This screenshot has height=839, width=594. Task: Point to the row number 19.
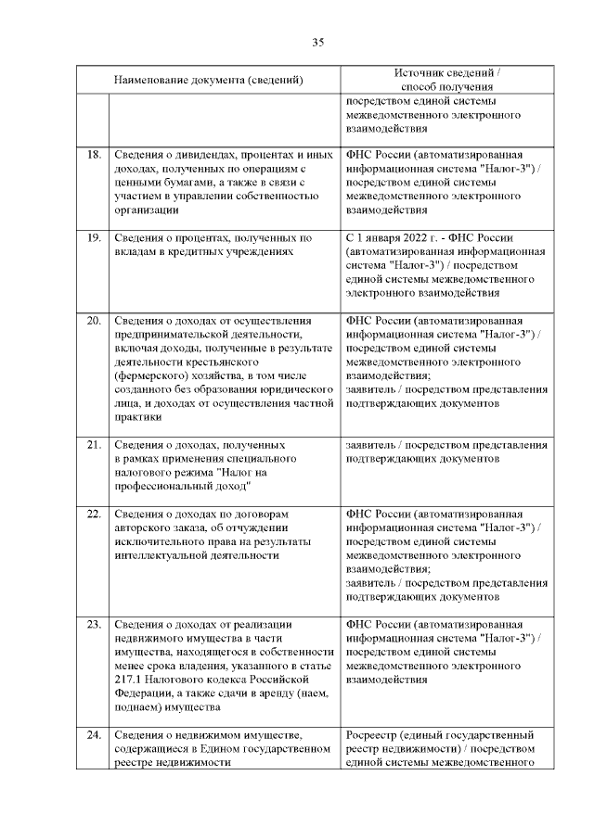coord(93,237)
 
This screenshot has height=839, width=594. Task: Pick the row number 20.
coord(93,321)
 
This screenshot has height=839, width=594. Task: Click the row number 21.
coord(93,445)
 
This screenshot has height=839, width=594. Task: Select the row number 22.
coord(93,514)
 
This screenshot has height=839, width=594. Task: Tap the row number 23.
coord(93,624)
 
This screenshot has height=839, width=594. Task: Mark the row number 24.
coord(93,735)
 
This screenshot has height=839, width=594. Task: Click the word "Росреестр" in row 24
coord(375,735)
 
